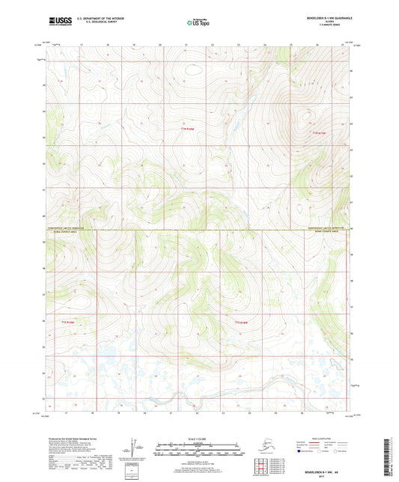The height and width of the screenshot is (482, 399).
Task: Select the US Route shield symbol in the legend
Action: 323,451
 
